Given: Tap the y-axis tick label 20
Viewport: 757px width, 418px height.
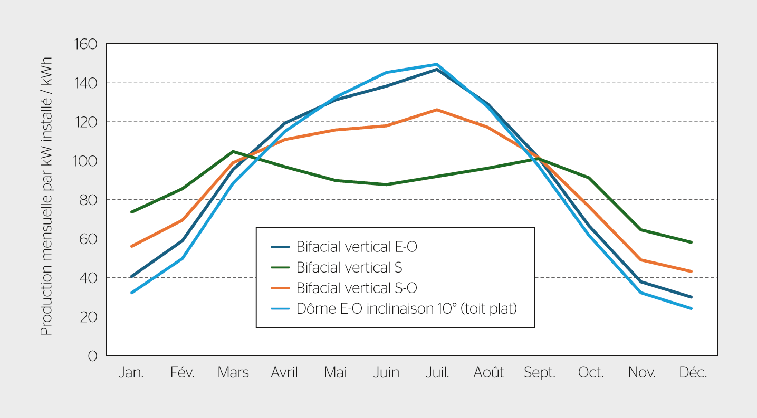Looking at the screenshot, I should pos(89,317).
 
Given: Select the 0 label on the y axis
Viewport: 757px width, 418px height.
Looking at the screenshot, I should pos(93,356).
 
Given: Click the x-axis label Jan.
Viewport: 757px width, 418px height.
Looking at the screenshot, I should pos(131,373).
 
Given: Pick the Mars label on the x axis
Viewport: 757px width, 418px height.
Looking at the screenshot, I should pos(233,373).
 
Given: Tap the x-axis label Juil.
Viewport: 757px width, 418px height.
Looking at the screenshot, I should pos(437,373).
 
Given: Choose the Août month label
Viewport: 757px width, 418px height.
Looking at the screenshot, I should pos(488,373).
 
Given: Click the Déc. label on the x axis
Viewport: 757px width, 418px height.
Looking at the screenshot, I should pos(693,373).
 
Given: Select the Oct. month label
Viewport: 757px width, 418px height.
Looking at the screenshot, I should pos(591,373).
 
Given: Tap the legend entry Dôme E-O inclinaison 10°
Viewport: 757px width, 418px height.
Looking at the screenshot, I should pos(407,309).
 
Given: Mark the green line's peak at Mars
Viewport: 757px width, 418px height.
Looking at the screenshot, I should pos(233,151).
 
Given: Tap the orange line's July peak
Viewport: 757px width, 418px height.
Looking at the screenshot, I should pos(437,110).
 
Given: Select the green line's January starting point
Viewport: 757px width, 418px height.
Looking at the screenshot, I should pos(131,212).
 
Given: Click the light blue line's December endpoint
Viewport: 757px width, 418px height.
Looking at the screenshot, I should pos(691,308).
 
